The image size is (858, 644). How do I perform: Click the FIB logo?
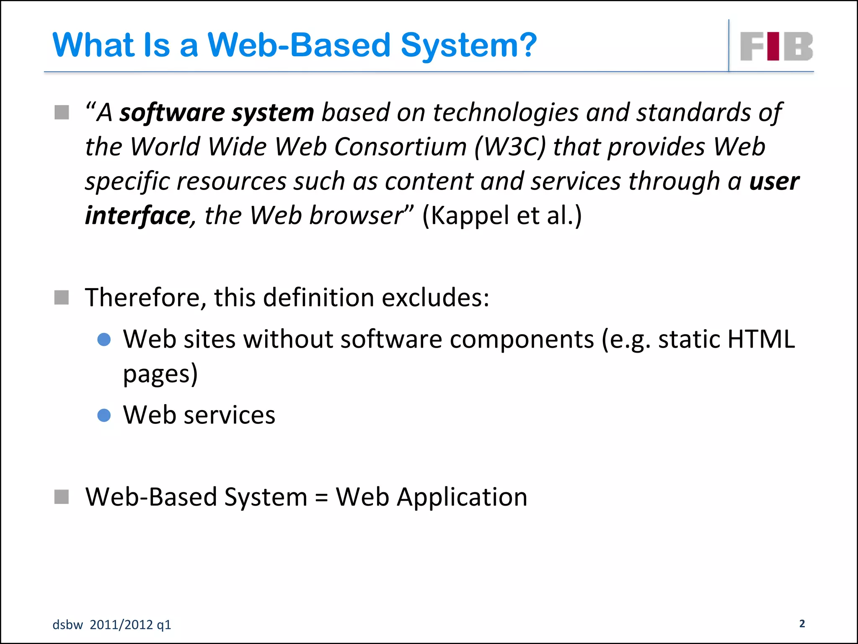click(776, 46)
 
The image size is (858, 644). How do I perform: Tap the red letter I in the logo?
click(773, 46)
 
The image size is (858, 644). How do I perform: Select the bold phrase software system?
click(217, 113)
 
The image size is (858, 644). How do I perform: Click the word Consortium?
click(400, 147)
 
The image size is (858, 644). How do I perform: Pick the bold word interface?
click(138, 216)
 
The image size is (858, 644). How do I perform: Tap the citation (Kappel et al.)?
click(501, 216)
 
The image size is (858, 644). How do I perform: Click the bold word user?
click(774, 182)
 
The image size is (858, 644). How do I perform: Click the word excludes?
click(435, 298)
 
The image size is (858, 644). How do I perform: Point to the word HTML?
click(761, 339)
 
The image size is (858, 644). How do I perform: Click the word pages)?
click(160, 374)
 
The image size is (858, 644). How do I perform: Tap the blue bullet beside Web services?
click(104, 415)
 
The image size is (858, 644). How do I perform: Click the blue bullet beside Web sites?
click(104, 339)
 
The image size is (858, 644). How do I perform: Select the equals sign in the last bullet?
click(321, 498)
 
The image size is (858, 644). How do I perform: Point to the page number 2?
click(802, 623)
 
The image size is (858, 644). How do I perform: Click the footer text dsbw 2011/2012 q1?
click(112, 625)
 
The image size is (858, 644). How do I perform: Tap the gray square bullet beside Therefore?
click(62, 298)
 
